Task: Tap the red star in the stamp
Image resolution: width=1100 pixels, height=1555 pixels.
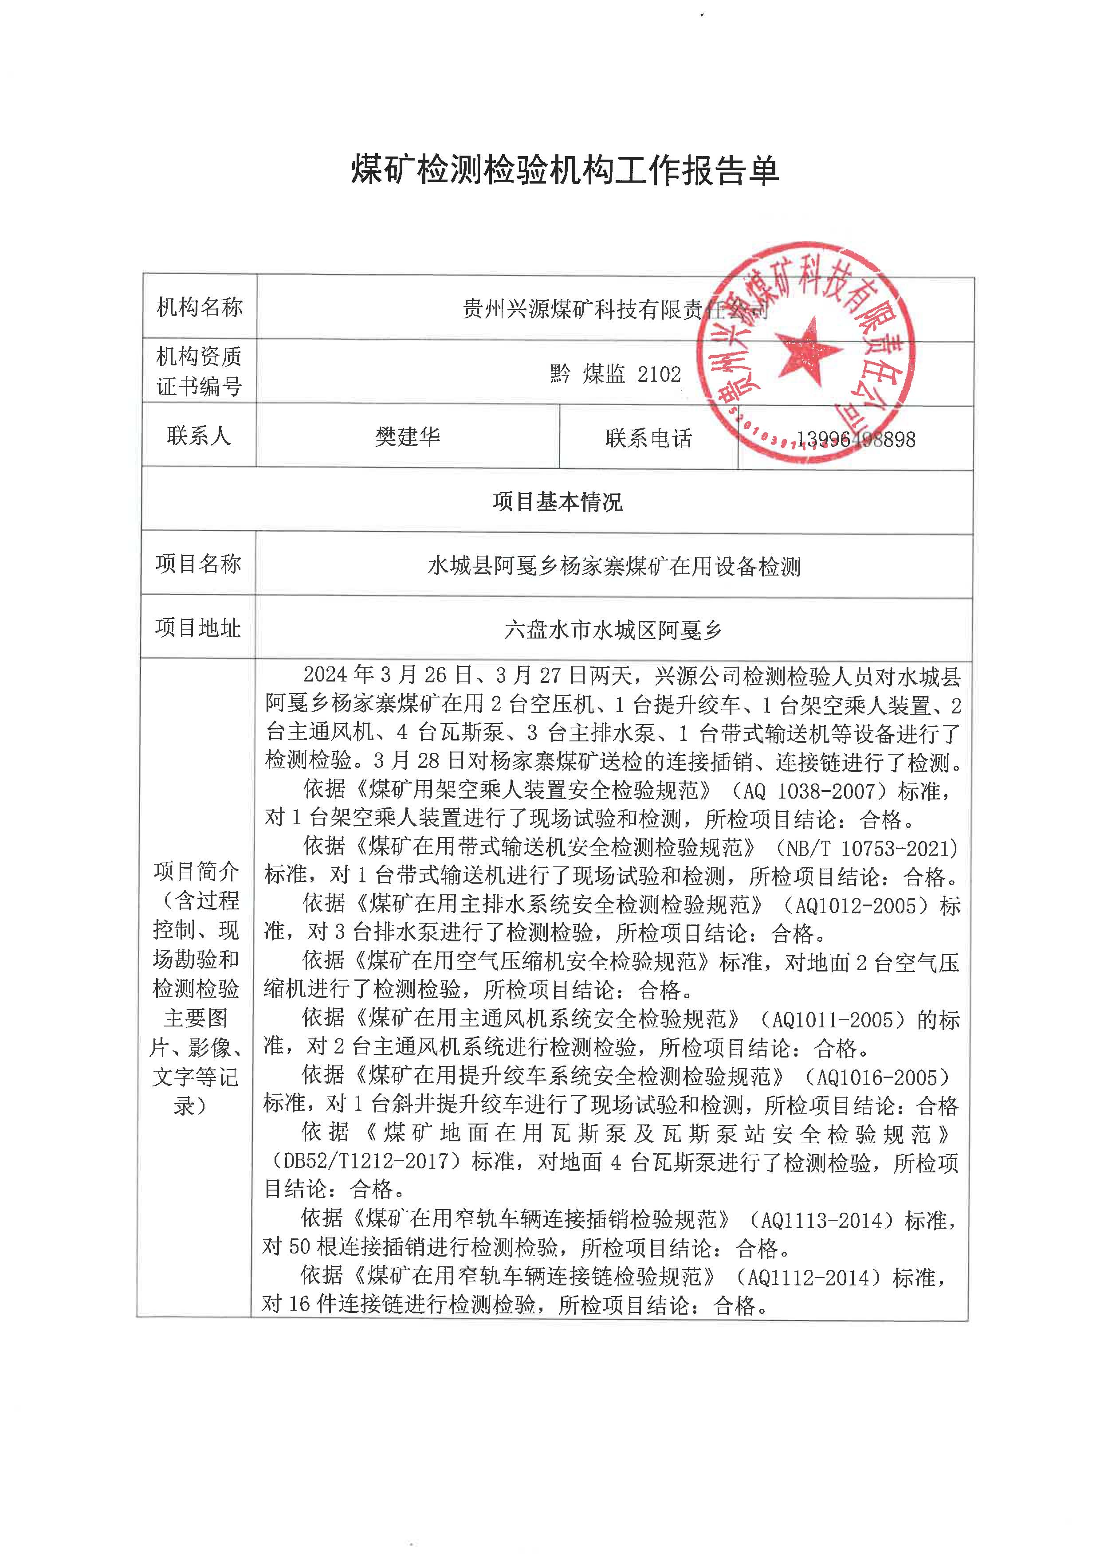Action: (x=805, y=352)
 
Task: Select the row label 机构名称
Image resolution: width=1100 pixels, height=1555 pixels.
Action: (x=199, y=307)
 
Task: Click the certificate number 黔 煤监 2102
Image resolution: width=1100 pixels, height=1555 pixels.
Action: (x=615, y=374)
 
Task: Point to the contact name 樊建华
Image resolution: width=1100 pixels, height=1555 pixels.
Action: (x=407, y=437)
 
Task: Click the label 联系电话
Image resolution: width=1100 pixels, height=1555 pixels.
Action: (x=648, y=438)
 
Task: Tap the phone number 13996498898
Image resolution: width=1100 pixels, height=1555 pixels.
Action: (x=856, y=439)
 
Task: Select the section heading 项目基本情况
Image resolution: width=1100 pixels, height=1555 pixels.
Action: (x=557, y=502)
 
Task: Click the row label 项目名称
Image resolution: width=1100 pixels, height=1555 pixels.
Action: (x=198, y=564)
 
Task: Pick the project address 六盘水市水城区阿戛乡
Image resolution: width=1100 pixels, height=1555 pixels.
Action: (x=613, y=631)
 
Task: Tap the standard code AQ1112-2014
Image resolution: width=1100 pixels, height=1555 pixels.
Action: (x=812, y=1277)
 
